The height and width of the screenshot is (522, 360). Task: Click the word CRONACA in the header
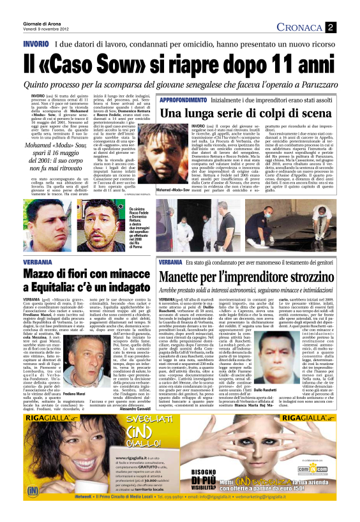pos(301,27)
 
